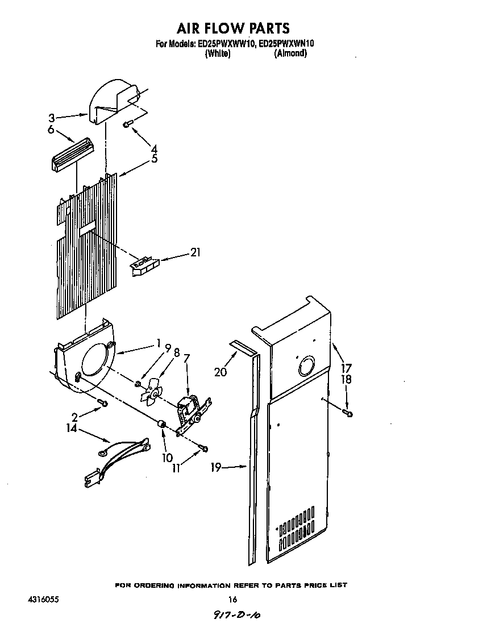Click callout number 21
pos(195,252)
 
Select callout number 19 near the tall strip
pos(215,468)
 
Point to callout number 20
pos(220,372)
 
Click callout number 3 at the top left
pos(52,118)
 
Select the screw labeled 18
pos(348,413)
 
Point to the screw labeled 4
pos(127,124)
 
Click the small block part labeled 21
pos(145,265)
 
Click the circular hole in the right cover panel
pos(306,365)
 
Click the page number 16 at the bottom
pos(232,599)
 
